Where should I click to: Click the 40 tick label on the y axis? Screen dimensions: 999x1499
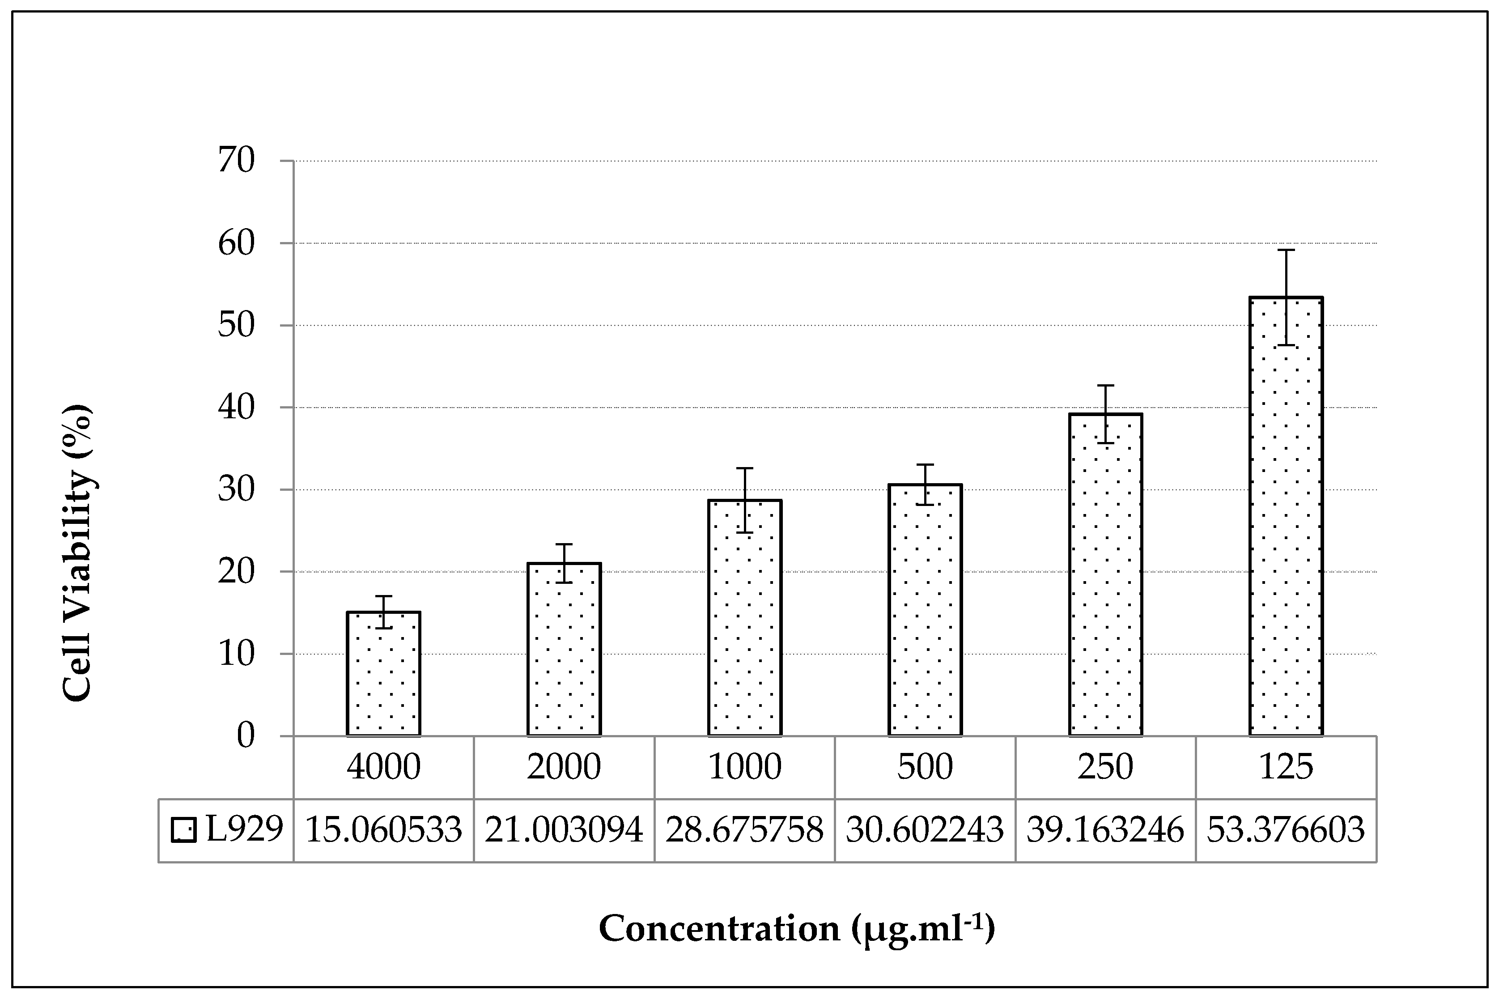236,407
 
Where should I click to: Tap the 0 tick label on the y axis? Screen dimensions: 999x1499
245,736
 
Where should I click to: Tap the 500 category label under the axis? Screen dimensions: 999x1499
925,767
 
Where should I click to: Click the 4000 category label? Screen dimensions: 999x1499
383,767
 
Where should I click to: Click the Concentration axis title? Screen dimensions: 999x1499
796,929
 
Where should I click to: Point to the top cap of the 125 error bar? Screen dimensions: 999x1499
1286,250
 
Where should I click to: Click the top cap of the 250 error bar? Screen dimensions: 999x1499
1105,386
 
